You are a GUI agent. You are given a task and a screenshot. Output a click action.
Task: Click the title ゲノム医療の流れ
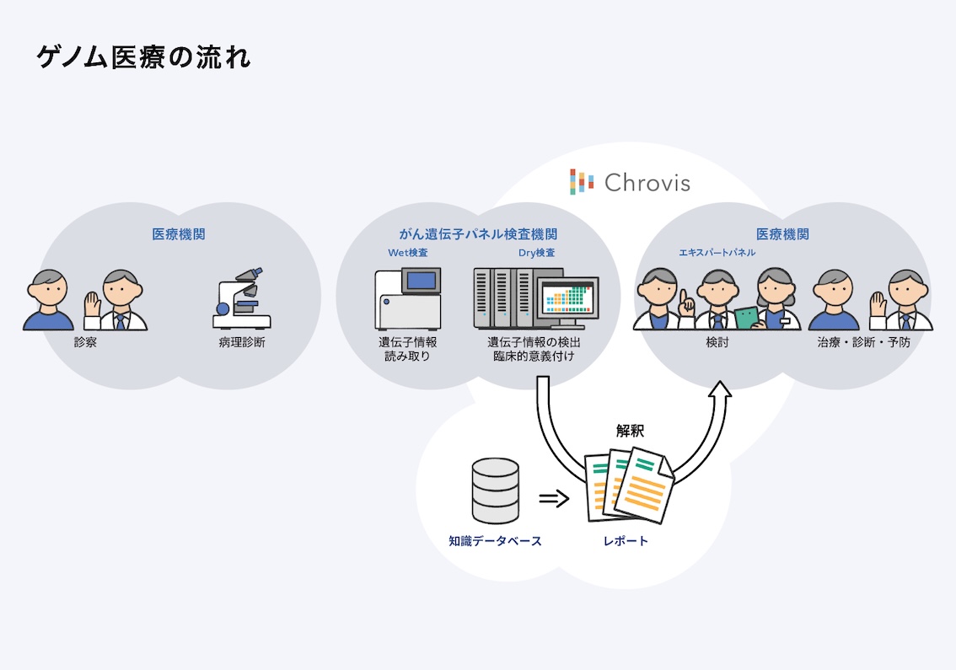pyautogui.click(x=143, y=57)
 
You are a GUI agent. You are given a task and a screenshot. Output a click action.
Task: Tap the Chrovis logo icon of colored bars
pyautogui.click(x=582, y=181)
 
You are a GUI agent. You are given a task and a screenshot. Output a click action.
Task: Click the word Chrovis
pyautogui.click(x=647, y=183)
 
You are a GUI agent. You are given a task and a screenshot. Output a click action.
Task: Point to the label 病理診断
pyautogui.click(x=242, y=343)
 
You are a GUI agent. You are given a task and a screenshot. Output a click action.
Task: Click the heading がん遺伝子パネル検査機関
pyautogui.click(x=478, y=234)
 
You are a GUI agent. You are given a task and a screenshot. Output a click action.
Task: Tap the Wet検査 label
pyautogui.click(x=407, y=253)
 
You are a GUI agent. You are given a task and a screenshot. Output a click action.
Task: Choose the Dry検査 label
pyautogui.click(x=536, y=253)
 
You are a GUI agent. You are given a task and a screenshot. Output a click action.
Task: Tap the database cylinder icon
pyautogui.click(x=496, y=490)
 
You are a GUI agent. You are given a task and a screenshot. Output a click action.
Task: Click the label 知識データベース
pyautogui.click(x=496, y=541)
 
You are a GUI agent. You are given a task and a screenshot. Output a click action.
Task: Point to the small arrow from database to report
pyautogui.click(x=554, y=498)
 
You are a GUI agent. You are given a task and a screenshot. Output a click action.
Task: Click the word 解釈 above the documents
pyautogui.click(x=630, y=431)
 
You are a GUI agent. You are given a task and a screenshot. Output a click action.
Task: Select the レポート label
pyautogui.click(x=626, y=541)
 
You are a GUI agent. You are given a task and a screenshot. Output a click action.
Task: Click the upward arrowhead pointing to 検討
pyautogui.click(x=720, y=390)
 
